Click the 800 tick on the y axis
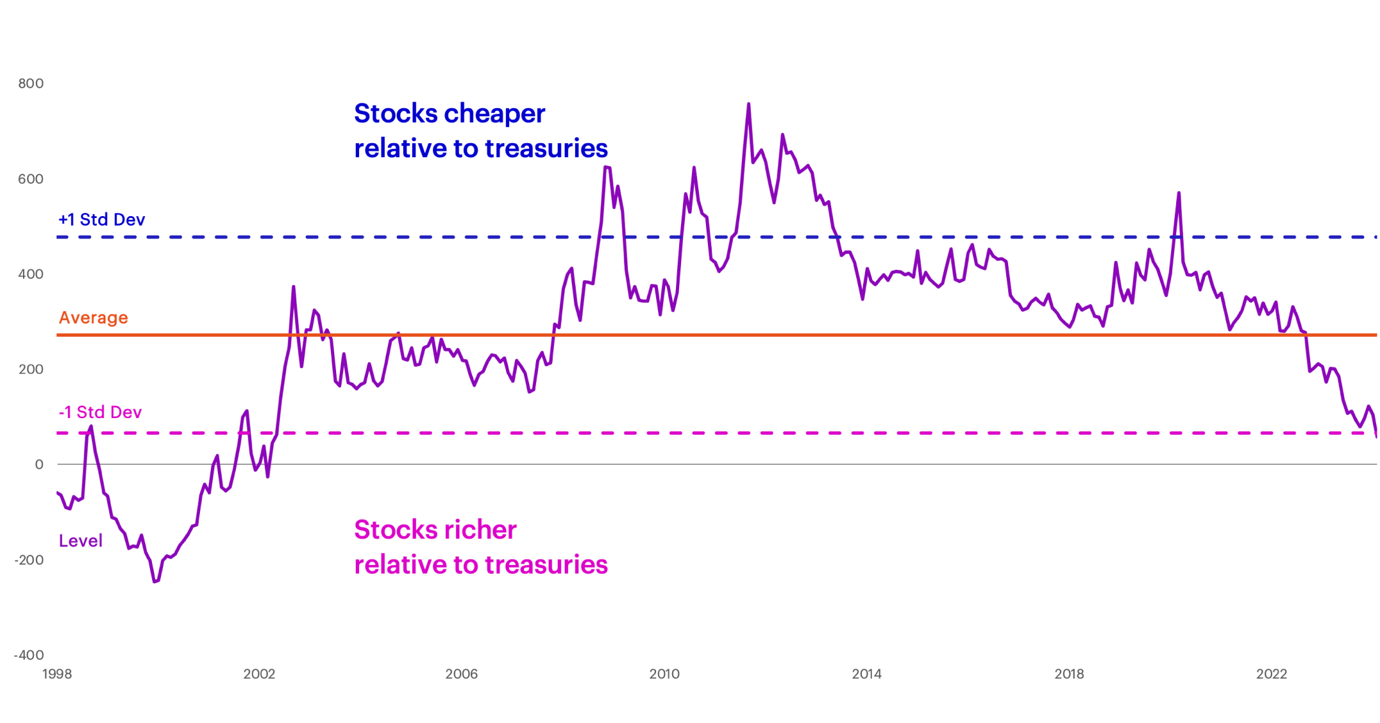tap(31, 83)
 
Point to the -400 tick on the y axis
tap(29, 655)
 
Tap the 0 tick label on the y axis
tap(39, 465)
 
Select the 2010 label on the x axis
tap(664, 674)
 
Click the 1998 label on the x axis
tap(57, 674)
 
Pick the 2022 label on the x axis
tap(1271, 674)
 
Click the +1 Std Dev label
tap(102, 219)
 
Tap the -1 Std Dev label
tap(100, 412)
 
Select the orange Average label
tap(93, 317)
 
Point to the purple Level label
tap(80, 541)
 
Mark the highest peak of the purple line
tap(748, 104)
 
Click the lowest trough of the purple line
tap(155, 582)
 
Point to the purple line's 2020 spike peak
tap(1178, 192)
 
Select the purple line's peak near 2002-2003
tap(293, 286)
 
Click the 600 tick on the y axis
tap(31, 179)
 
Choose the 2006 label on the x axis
tap(461, 674)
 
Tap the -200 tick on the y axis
tap(29, 560)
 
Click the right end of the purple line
tap(1376, 436)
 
